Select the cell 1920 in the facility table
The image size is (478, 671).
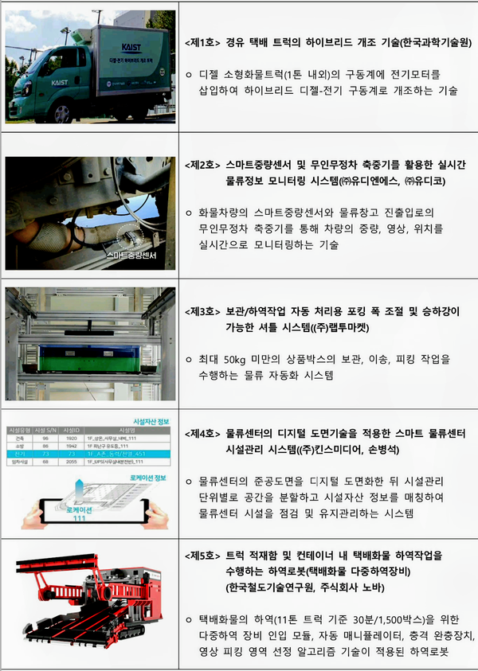71,437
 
